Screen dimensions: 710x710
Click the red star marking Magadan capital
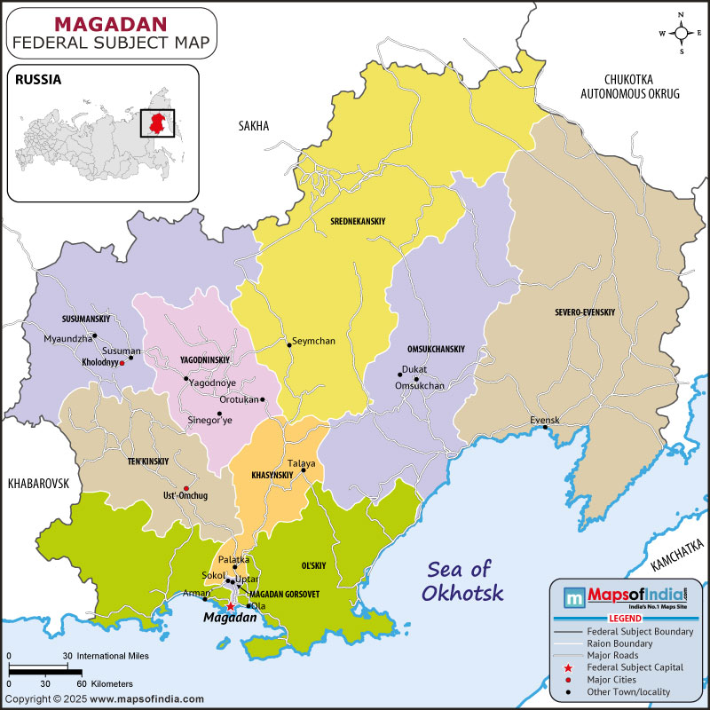point(230,606)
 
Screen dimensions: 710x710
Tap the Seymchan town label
point(313,341)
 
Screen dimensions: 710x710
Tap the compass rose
point(681,33)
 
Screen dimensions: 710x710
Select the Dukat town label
point(414,369)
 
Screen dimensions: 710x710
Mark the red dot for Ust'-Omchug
point(185,488)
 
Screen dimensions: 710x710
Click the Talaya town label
point(302,463)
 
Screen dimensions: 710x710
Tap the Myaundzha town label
point(67,338)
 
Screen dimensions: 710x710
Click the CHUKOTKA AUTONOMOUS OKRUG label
point(629,85)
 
